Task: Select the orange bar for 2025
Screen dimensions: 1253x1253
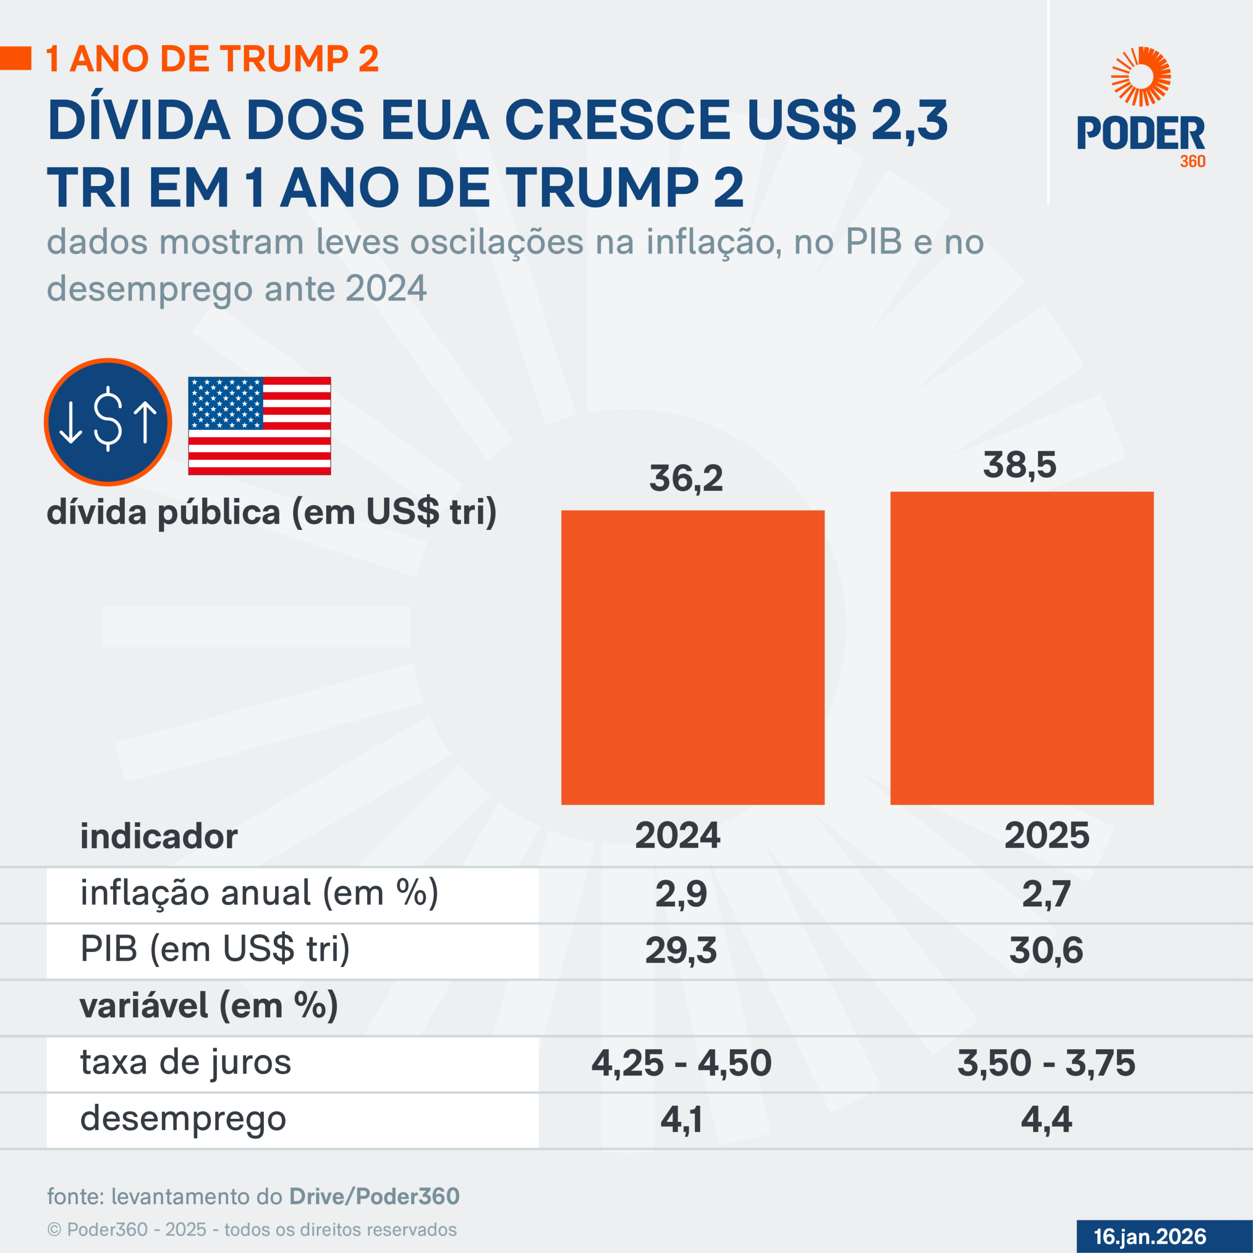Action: pos(1021,648)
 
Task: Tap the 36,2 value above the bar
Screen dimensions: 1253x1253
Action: pos(686,479)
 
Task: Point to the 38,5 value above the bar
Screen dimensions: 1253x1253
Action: pos(1019,465)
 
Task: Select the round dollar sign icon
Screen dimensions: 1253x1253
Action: pos(108,422)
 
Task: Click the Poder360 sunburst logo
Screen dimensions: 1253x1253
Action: pos(1141,76)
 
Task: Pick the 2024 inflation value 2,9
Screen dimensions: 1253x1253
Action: pos(680,894)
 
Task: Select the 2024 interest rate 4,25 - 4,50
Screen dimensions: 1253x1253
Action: pos(681,1063)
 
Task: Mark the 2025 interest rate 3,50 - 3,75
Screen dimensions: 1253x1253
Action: pos(1045,1063)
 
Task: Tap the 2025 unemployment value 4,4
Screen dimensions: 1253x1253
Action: pos(1045,1119)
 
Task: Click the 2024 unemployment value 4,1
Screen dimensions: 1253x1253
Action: pos(680,1119)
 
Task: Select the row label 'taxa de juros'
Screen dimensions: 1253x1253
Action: pos(186,1062)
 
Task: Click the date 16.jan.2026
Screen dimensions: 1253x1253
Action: pos(1149,1236)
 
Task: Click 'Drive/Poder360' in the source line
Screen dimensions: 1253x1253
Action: pos(374,1196)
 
